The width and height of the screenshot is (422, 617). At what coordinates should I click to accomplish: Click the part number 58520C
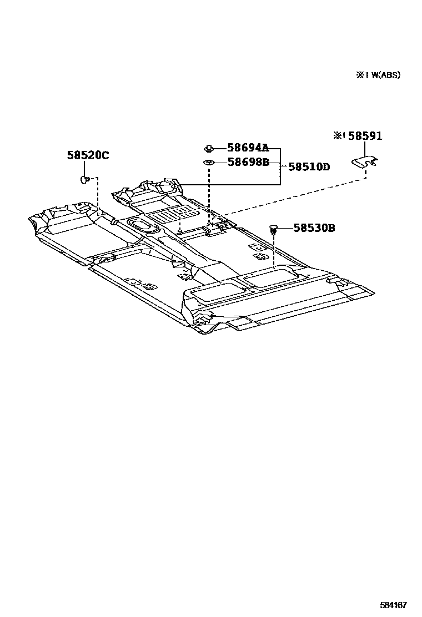pyautogui.click(x=88, y=155)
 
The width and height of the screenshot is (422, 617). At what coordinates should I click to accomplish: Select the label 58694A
pyautogui.click(x=248, y=148)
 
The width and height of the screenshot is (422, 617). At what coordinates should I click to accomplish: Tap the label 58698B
pyautogui.click(x=248, y=162)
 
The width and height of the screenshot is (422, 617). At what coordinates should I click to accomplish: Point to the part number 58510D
pyautogui.click(x=309, y=166)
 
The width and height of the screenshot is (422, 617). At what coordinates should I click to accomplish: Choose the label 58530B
pyautogui.click(x=314, y=227)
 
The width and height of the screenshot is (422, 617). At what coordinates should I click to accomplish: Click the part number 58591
pyautogui.click(x=365, y=136)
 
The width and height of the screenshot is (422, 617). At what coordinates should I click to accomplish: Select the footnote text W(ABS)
pyautogui.click(x=383, y=75)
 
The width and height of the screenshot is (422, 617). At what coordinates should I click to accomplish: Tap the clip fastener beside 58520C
pyautogui.click(x=85, y=179)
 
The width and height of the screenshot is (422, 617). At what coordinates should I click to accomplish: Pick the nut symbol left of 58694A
pyautogui.click(x=209, y=148)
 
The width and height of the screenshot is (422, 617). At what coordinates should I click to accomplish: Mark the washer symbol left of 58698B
pyautogui.click(x=209, y=162)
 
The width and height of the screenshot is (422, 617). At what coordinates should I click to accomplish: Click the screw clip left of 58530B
pyautogui.click(x=274, y=228)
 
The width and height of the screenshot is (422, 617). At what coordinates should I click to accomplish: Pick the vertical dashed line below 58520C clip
pyautogui.click(x=98, y=197)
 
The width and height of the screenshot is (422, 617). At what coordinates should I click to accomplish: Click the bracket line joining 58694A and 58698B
pyautogui.click(x=280, y=166)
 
